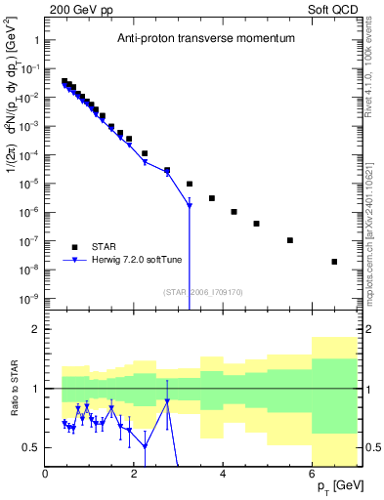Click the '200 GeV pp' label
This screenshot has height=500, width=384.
point(77,8)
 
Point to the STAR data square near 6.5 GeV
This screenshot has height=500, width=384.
point(334,262)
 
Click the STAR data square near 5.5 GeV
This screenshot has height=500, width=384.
point(290,240)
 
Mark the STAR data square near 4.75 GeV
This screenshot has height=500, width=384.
point(256,224)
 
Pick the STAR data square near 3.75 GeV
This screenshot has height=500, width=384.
point(212,198)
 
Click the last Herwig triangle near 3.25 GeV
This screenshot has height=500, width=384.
point(190,205)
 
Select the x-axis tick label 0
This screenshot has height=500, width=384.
point(46,474)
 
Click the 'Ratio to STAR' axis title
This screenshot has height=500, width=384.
point(13,389)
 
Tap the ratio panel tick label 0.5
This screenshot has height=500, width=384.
point(28,447)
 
